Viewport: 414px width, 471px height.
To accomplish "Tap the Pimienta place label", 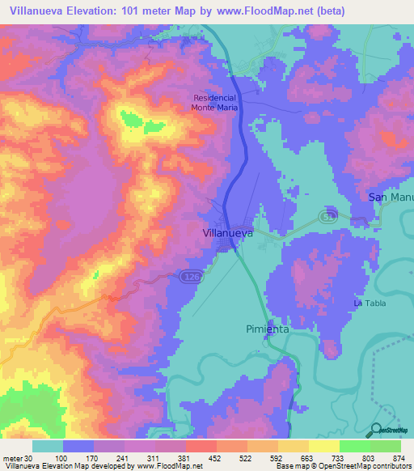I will (x=267, y=329).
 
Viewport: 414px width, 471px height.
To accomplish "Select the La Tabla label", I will (x=370, y=303).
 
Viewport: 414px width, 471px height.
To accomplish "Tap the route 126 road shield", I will (x=185, y=276).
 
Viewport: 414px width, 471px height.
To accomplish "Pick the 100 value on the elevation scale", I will (x=80, y=458).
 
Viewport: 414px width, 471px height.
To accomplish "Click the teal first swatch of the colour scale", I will (x=48, y=446).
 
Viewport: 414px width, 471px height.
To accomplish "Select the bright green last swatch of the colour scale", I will (x=386, y=446).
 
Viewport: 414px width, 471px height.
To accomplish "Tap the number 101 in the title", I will (x=146, y=11).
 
